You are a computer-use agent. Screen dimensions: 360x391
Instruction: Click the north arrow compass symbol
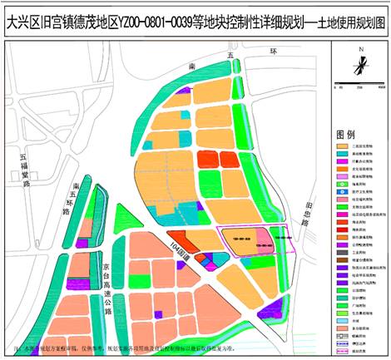(x=359, y=64)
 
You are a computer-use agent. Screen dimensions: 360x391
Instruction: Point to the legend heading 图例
(x=345, y=135)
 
